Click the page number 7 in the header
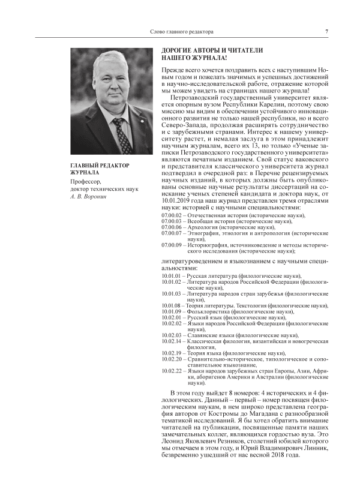coord(326,31)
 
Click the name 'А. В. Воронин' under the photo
coord(90,196)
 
